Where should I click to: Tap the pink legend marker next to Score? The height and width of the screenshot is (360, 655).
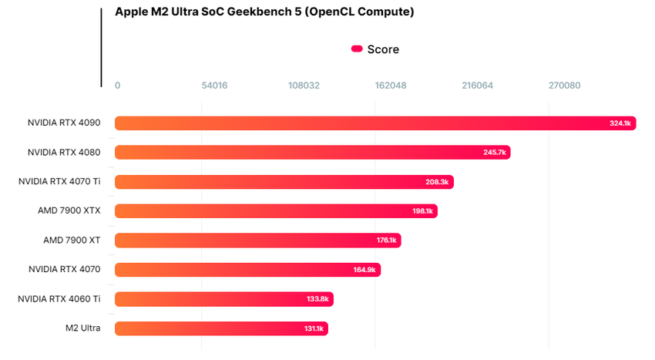click(x=357, y=49)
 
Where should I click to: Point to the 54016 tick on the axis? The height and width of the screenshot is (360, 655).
click(x=214, y=86)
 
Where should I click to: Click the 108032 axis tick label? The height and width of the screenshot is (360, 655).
click(x=304, y=86)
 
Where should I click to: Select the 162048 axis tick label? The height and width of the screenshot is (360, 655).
click(x=390, y=86)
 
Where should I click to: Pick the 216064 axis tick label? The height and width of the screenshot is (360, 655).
click(x=477, y=86)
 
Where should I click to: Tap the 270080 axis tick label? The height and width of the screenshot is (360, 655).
click(x=564, y=86)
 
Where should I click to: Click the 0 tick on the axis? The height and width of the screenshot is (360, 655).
click(x=117, y=86)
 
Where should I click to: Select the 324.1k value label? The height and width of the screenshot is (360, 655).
click(x=620, y=123)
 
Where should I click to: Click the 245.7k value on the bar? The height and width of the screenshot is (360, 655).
click(x=495, y=153)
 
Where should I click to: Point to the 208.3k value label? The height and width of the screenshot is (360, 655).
click(x=437, y=182)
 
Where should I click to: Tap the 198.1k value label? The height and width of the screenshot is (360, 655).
click(x=423, y=211)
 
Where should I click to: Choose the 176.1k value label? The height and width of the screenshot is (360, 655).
click(x=387, y=241)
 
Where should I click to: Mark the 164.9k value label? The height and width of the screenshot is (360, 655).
click(x=364, y=270)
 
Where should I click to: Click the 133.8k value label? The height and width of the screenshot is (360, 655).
click(x=317, y=299)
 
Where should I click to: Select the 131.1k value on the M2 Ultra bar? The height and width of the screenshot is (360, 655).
click(x=314, y=328)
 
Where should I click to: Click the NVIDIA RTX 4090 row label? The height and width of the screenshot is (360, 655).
click(x=64, y=123)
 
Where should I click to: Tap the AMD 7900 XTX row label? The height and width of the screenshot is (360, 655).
click(x=69, y=210)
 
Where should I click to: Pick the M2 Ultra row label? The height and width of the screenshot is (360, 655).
click(x=83, y=328)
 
